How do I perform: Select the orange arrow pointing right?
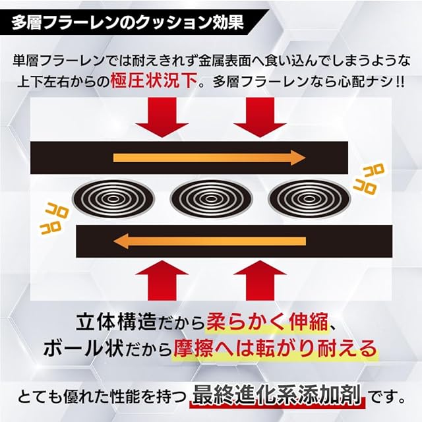(x=210, y=157)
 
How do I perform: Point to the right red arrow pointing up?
(x=259, y=281)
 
